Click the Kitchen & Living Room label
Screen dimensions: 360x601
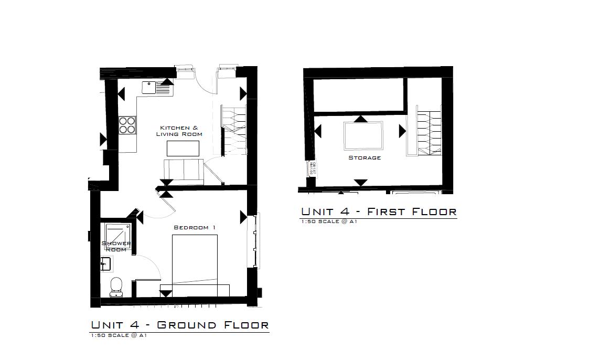pos(179,131)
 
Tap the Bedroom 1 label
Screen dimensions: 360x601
pos(195,228)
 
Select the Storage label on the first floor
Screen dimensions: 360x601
pos(364,157)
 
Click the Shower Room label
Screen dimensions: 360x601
pos(116,246)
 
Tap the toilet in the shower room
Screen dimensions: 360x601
pos(116,286)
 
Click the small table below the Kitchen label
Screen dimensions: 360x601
pos(183,149)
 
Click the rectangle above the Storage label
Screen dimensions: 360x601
pos(363,135)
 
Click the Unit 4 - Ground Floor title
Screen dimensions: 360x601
pos(179,325)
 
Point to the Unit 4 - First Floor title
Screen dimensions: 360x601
pos(379,211)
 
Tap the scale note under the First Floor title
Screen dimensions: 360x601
pos(329,222)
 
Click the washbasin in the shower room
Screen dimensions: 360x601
pos(106,264)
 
